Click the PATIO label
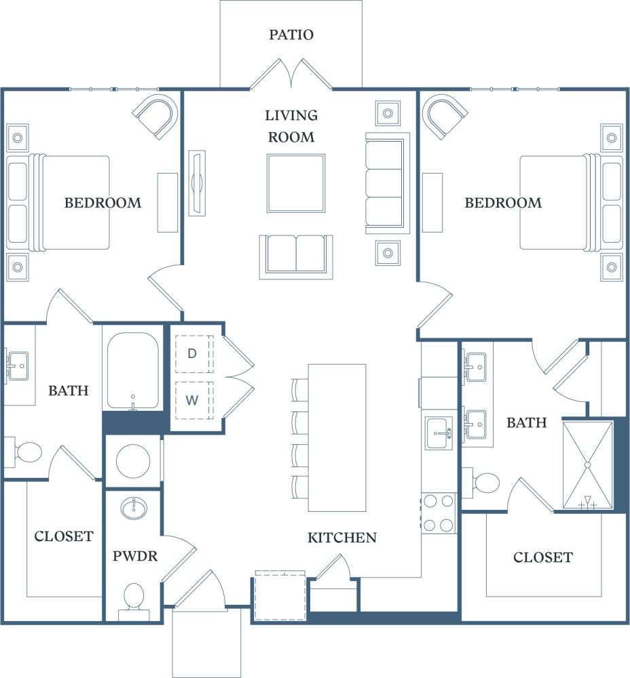291,35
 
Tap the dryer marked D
192,353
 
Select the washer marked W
192,400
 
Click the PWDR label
134,557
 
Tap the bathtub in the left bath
132,371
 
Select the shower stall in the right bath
588,465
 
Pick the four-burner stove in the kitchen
439,513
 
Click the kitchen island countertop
337,437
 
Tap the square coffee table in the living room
295,183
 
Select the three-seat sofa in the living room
387,183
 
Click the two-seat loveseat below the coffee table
296,256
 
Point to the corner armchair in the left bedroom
157,116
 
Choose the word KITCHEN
342,538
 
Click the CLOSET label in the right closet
542,557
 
